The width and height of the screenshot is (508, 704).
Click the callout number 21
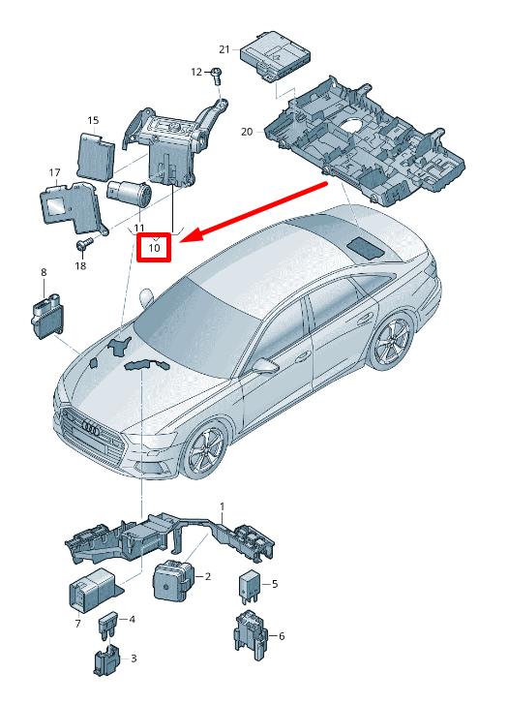224,49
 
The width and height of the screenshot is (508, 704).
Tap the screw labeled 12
217,76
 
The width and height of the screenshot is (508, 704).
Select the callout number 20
247,132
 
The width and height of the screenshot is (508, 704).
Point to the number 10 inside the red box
154,247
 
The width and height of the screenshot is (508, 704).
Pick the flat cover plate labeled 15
95,155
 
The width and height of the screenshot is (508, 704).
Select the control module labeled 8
47,316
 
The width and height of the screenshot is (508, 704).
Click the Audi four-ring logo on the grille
91,428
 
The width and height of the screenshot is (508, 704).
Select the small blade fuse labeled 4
108,624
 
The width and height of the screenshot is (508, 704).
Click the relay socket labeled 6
251,635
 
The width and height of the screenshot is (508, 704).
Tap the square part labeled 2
174,581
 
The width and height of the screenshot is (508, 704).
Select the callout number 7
78,624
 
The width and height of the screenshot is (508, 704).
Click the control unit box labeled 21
275,56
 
